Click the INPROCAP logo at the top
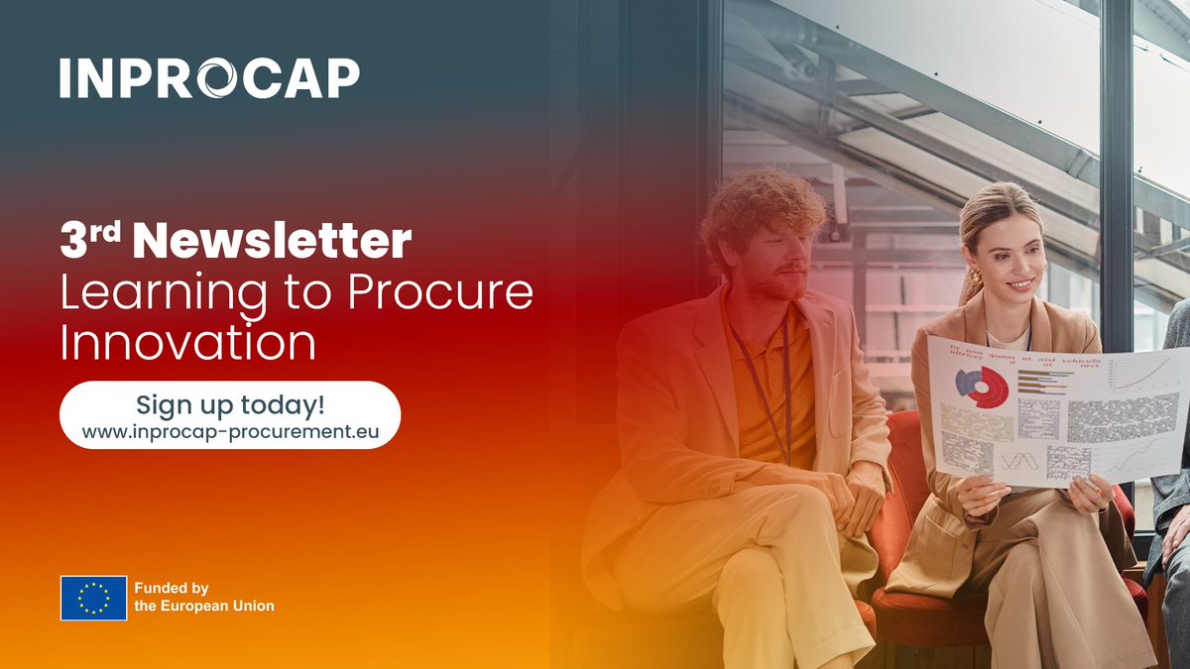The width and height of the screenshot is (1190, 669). [209, 77]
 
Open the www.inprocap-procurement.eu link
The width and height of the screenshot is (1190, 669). [229, 432]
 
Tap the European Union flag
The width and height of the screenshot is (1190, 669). [93, 598]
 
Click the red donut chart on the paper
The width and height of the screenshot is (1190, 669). [982, 386]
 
